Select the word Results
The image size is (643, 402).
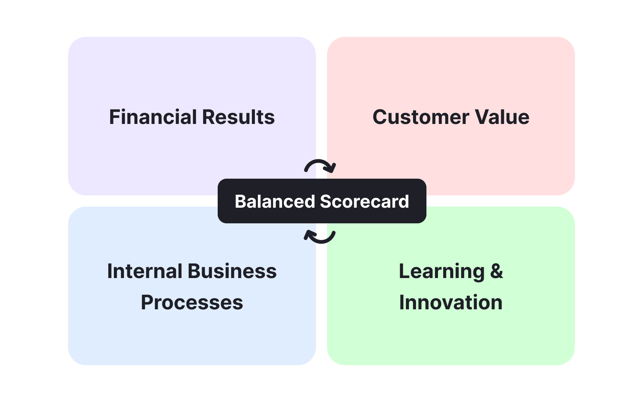239,117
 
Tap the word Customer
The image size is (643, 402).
421,117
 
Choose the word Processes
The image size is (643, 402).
192,303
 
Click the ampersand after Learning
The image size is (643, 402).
496,271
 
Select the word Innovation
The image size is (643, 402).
451,303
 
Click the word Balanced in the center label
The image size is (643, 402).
275,202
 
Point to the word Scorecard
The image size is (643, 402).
364,202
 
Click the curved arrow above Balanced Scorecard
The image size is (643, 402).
320,166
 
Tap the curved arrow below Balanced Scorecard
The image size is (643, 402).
320,237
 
